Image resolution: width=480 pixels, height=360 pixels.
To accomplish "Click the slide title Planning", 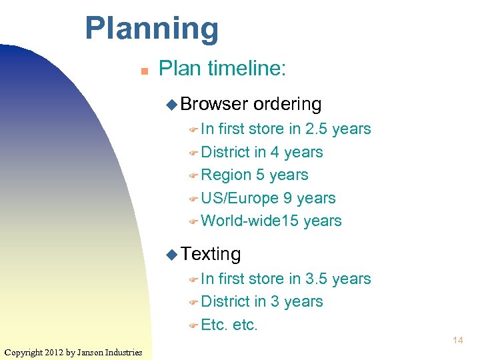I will [151, 29].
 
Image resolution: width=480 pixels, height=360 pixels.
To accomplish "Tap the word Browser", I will [214, 104].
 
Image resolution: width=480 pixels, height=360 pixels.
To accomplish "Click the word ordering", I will [287, 104].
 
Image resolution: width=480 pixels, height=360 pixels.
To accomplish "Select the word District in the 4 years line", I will [225, 152].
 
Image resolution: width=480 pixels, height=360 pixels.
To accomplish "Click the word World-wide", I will [241, 221].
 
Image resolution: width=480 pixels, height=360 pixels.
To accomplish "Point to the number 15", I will [290, 221].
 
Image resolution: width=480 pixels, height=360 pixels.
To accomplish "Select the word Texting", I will [211, 254].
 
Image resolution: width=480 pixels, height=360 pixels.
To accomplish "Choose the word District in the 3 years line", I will [225, 301].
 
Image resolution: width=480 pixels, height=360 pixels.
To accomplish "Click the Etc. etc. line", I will [229, 325].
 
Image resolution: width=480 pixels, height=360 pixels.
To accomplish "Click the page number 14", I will [457, 341].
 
